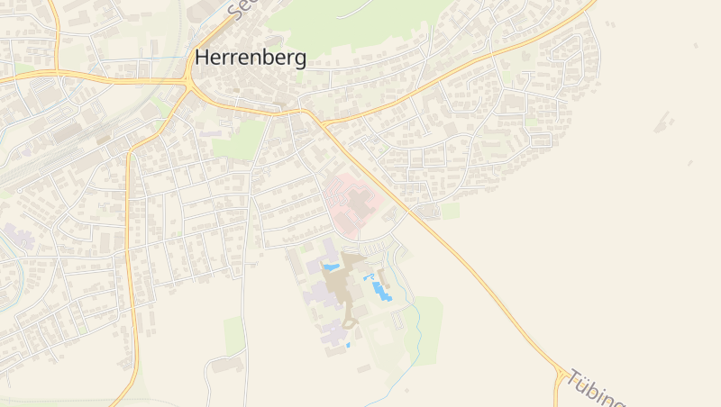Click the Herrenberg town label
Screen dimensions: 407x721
pyautogui.click(x=251, y=59)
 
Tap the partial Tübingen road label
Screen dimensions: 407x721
pyautogui.click(x=595, y=388)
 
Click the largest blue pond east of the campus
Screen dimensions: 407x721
pyautogui.click(x=383, y=291)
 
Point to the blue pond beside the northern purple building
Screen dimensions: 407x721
pyautogui.click(x=332, y=267)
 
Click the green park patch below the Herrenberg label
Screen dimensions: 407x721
pyautogui.click(x=240, y=140)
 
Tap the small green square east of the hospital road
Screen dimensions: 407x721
pyautogui.click(x=450, y=211)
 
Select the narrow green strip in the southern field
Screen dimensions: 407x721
pyautogui.click(x=234, y=335)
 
